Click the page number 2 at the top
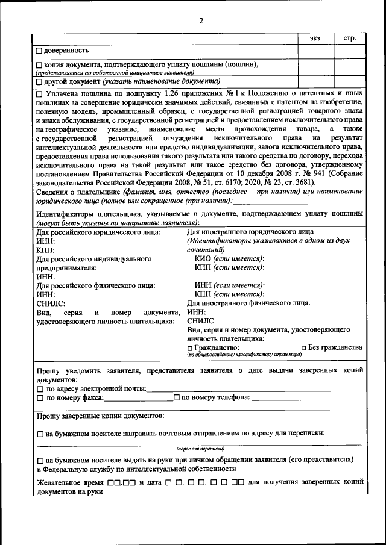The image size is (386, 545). pyautogui.click(x=201, y=21)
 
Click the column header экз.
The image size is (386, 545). pyautogui.click(x=316, y=39)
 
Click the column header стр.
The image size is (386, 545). pyautogui.click(x=350, y=39)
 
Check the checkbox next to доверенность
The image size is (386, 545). pyautogui.click(x=39, y=51)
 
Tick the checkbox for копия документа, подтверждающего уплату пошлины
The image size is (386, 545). pyautogui.click(x=39, y=65)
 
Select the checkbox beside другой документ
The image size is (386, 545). pyautogui.click(x=39, y=81)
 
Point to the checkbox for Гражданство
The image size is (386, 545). pyautogui.click(x=191, y=349)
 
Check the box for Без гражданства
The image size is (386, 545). pyautogui.click(x=304, y=348)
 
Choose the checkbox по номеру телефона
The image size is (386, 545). pyautogui.click(x=176, y=398)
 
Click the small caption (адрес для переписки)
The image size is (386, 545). pyautogui.click(x=201, y=449)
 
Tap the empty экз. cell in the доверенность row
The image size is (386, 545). pyautogui.click(x=316, y=51)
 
